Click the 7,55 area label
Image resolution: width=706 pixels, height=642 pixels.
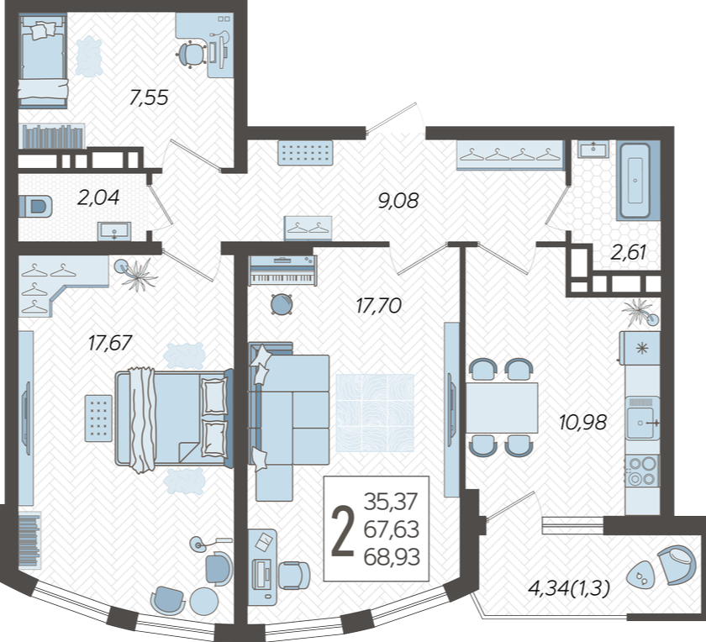coord(149,97)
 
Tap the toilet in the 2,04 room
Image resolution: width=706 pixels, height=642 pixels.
coord(35,207)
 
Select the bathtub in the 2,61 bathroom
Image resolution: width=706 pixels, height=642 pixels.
coord(635,181)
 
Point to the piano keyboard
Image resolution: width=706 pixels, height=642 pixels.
coord(282,271)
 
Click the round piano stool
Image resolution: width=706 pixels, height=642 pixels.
coord(282,304)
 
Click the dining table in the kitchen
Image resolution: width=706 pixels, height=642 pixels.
coord(502,408)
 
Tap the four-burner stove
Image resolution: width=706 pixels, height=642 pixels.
coord(642,471)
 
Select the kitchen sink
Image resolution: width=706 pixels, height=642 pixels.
coord(643,418)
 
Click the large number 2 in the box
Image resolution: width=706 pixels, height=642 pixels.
coord(343,530)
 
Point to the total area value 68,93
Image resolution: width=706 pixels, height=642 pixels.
coord(392,557)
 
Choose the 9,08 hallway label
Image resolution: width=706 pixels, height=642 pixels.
coord(398,201)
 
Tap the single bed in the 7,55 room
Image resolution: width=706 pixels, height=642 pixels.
coord(43,61)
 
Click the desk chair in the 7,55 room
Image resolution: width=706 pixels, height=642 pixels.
coord(191,54)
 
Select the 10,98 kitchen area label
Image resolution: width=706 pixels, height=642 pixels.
coord(582,423)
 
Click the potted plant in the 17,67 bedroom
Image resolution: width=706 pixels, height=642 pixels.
coord(138,273)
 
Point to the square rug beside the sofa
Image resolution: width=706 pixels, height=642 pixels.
coord(375,413)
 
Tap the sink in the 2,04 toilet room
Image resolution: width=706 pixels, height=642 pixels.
coord(114,231)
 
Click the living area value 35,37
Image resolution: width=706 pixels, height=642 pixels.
coord(391,501)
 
